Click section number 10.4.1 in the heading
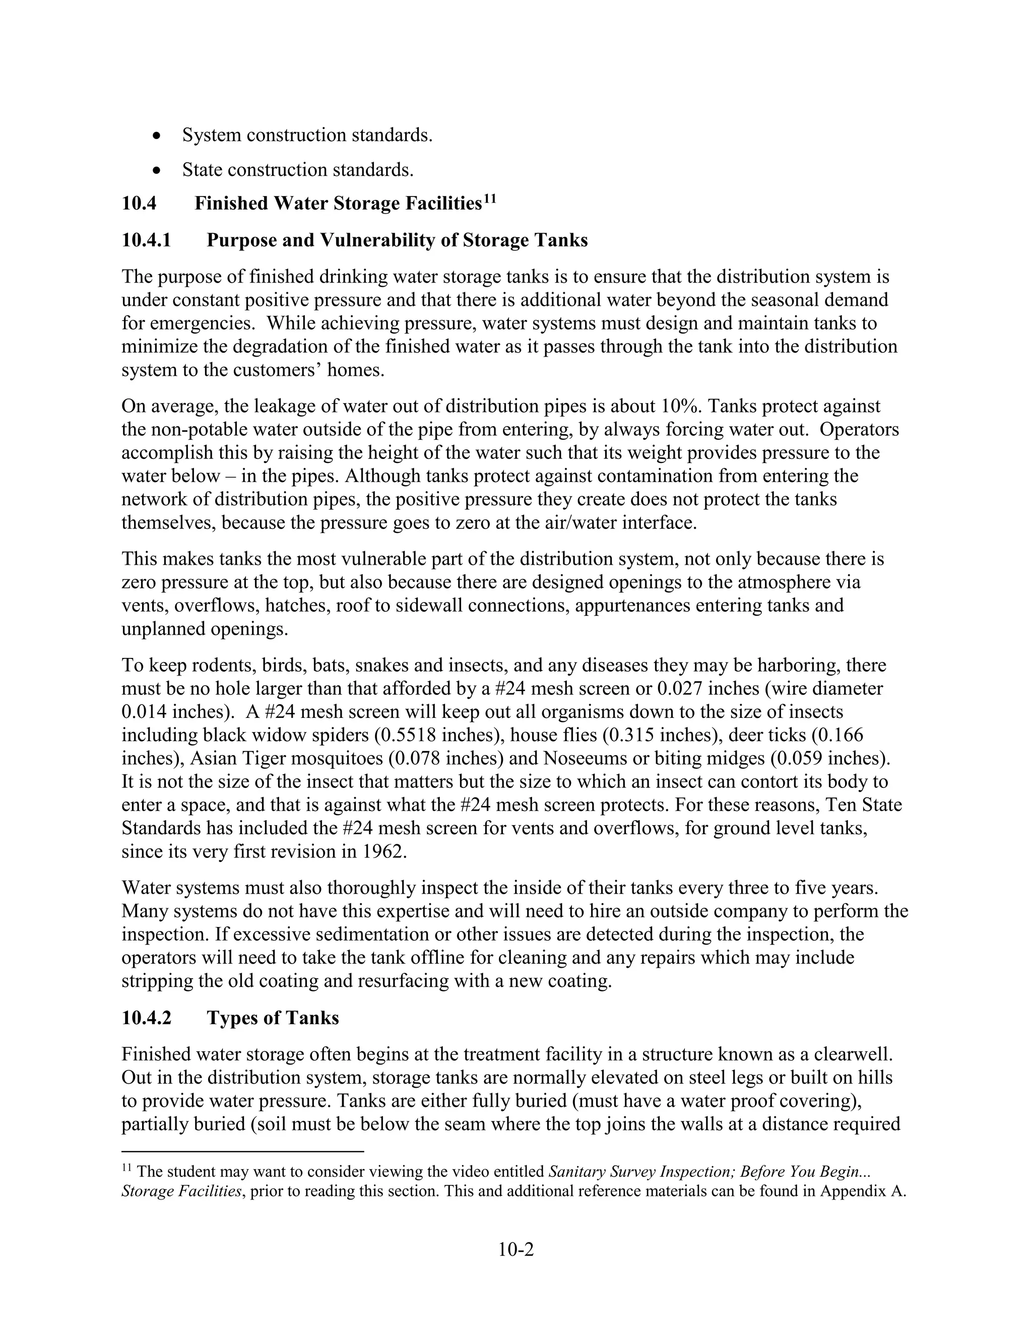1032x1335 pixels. click(146, 240)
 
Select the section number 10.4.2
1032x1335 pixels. click(146, 1018)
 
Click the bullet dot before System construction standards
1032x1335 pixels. click(158, 136)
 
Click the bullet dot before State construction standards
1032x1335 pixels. click(158, 170)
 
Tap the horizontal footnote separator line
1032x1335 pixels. click(243, 1152)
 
